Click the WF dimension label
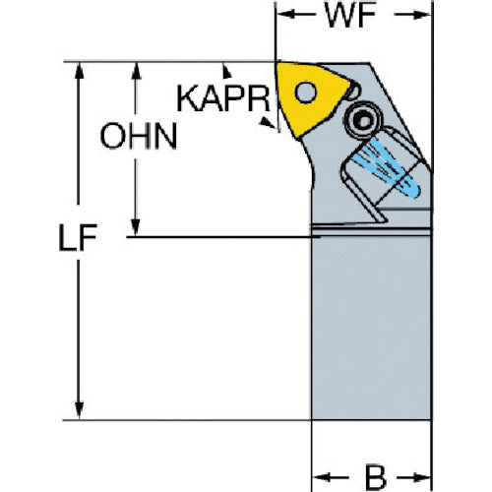click(350, 16)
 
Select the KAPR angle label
click(223, 98)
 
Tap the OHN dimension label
click(139, 136)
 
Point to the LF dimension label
click(78, 237)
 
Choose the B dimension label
click(376, 476)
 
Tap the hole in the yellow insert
click(306, 92)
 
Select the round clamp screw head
click(363, 121)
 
